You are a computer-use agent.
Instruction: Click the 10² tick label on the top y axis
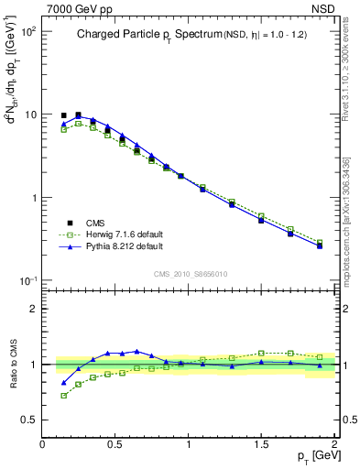tap(27, 32)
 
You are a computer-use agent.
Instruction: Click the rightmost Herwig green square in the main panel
tap(320, 242)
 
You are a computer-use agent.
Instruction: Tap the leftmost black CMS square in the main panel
tap(63, 115)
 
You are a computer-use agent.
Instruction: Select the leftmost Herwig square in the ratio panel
tap(63, 396)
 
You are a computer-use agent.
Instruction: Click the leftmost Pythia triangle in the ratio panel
tap(63, 383)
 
